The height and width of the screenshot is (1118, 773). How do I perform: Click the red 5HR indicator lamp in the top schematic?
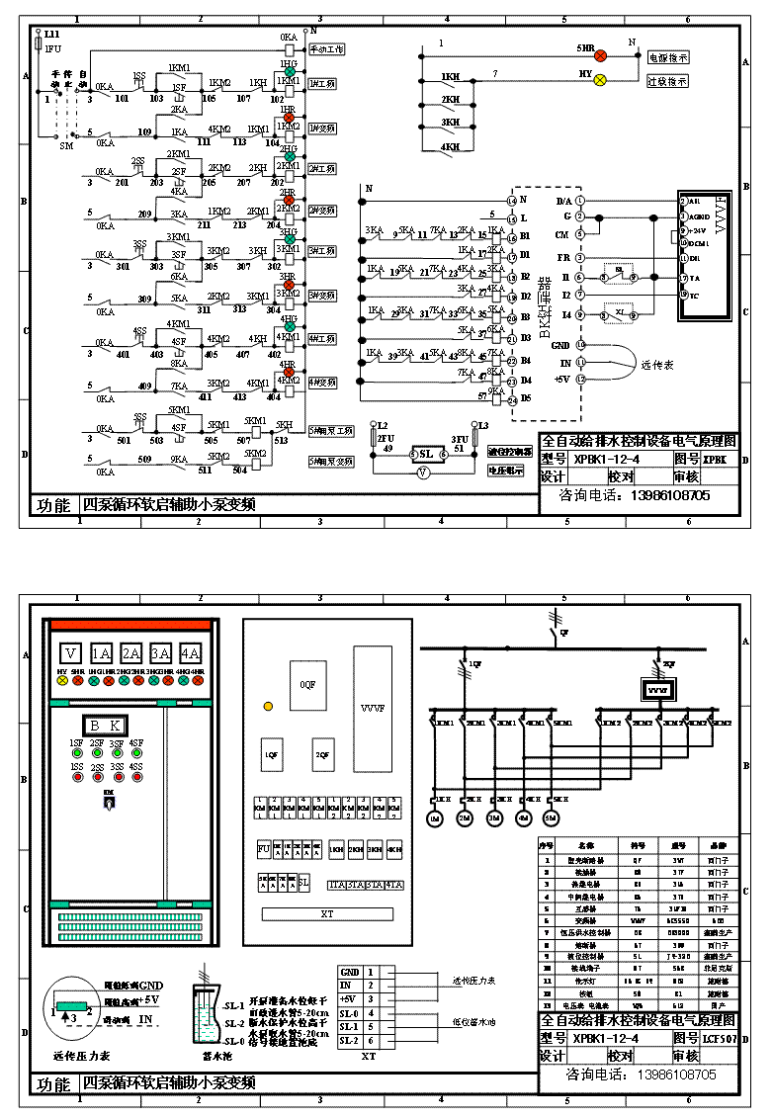[x=599, y=57]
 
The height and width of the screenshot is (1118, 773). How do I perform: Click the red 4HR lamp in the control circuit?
[x=290, y=369]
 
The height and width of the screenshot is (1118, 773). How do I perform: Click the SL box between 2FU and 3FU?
[x=425, y=454]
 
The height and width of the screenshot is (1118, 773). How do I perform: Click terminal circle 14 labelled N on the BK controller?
[x=511, y=201]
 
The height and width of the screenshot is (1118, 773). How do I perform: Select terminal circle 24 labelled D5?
[x=511, y=400]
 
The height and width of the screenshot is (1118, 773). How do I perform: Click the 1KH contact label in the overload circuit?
[x=451, y=77]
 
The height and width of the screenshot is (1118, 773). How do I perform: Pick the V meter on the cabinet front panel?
[x=70, y=653]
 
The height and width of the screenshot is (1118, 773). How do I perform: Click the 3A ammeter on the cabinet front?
[x=160, y=653]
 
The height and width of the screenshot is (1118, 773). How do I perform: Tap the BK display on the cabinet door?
[x=103, y=724]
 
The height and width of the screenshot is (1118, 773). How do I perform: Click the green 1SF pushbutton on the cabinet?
[x=75, y=755]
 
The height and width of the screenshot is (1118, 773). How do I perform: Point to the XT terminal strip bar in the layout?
[x=327, y=914]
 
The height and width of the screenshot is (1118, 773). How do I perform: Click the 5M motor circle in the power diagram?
[x=552, y=818]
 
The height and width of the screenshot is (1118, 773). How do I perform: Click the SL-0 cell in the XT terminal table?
[x=350, y=1013]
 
